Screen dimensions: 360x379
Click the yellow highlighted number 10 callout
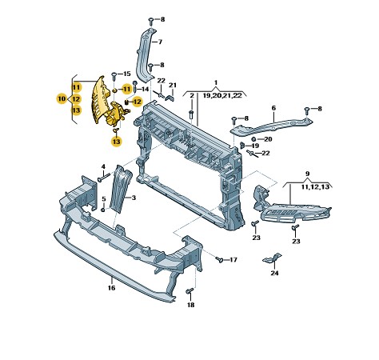point(62,98)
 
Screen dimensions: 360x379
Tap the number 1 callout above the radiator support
point(215,82)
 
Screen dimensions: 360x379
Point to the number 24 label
point(275,274)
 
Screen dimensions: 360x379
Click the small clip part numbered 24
point(272,258)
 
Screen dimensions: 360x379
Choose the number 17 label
point(233,260)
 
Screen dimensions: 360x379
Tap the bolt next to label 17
point(217,259)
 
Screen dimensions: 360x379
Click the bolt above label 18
point(189,290)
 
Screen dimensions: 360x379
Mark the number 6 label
point(273,108)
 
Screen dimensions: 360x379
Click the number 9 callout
point(308,174)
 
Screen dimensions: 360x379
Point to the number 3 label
point(134,197)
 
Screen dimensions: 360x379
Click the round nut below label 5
point(103,209)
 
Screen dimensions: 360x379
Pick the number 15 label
point(127,74)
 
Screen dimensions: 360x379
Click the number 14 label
point(146,89)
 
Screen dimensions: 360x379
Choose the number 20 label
point(268,139)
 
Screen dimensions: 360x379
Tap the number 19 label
point(255,146)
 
